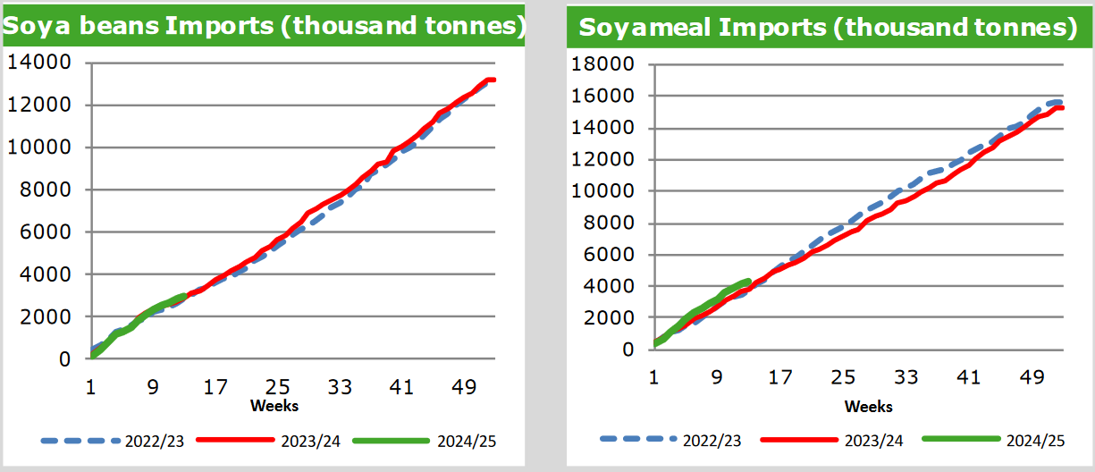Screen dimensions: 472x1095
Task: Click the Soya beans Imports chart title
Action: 264,26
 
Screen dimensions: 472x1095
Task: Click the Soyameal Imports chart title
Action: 827,27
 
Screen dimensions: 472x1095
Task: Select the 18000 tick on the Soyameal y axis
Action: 608,64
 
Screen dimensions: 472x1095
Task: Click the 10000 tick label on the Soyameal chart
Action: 608,191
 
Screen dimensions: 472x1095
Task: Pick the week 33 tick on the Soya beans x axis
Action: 340,388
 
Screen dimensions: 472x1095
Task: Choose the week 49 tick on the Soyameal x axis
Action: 1032,377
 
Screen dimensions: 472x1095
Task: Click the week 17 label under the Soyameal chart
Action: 780,377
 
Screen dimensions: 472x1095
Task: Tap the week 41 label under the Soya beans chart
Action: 401,388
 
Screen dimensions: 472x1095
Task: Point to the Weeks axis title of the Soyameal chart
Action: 869,406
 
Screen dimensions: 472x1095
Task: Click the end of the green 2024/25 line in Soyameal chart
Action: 747,282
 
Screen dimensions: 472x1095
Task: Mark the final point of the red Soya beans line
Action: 493,80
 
